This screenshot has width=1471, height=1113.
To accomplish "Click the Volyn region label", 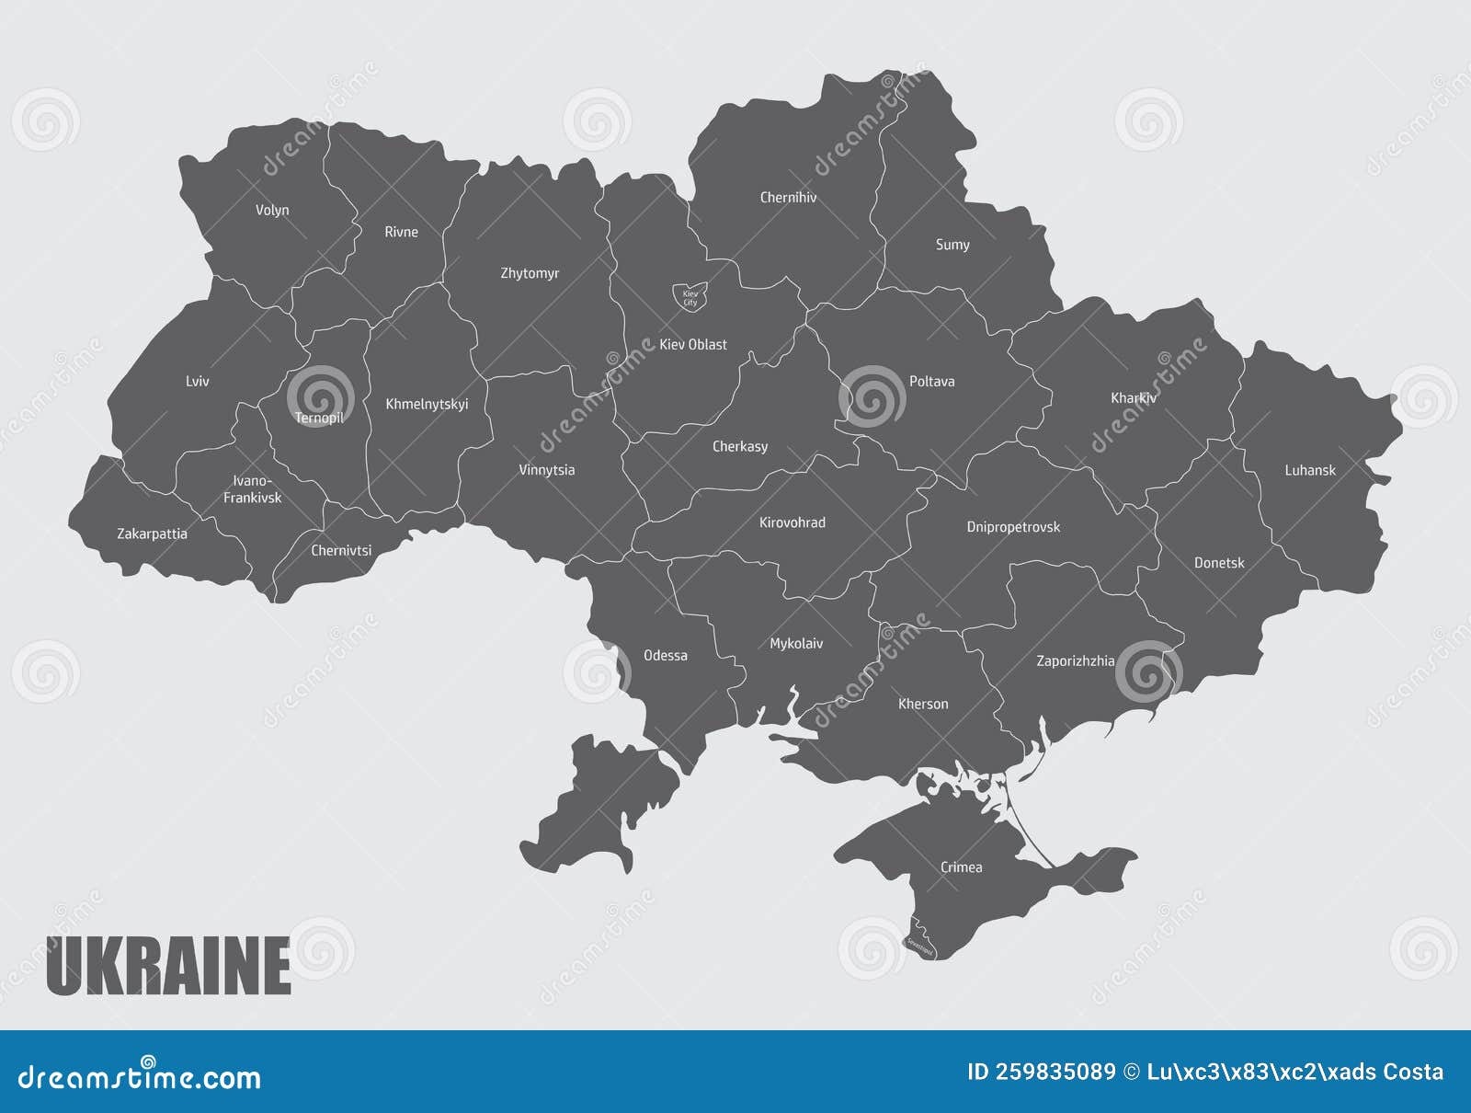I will coord(272,210).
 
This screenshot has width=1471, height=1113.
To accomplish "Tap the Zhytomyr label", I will coord(530,273).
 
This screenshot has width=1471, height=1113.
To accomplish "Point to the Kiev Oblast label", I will coord(693,344).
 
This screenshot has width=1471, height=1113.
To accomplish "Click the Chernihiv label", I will coord(788,197).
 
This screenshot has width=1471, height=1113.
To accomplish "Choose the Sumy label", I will coord(952,245).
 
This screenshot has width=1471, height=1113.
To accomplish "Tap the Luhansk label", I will coord(1310,470).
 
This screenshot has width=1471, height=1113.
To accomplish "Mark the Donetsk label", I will coord(1219,562).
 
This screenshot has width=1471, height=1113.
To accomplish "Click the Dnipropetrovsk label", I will coord(1013,527).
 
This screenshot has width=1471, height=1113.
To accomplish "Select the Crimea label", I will coord(961,866).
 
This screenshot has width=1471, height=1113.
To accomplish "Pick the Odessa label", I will coord(666,655).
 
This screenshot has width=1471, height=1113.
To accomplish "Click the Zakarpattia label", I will coord(153,534).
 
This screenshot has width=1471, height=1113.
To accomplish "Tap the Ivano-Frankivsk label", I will coord(253,489).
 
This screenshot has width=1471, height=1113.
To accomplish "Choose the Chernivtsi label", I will coord(341,550).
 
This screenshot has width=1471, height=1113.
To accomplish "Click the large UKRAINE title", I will coord(168,966).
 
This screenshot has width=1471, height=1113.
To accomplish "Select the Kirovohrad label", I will coord(793,522).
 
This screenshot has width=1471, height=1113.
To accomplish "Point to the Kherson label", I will coord(923,704).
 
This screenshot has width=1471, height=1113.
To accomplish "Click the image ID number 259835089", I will coord(1042,1072).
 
